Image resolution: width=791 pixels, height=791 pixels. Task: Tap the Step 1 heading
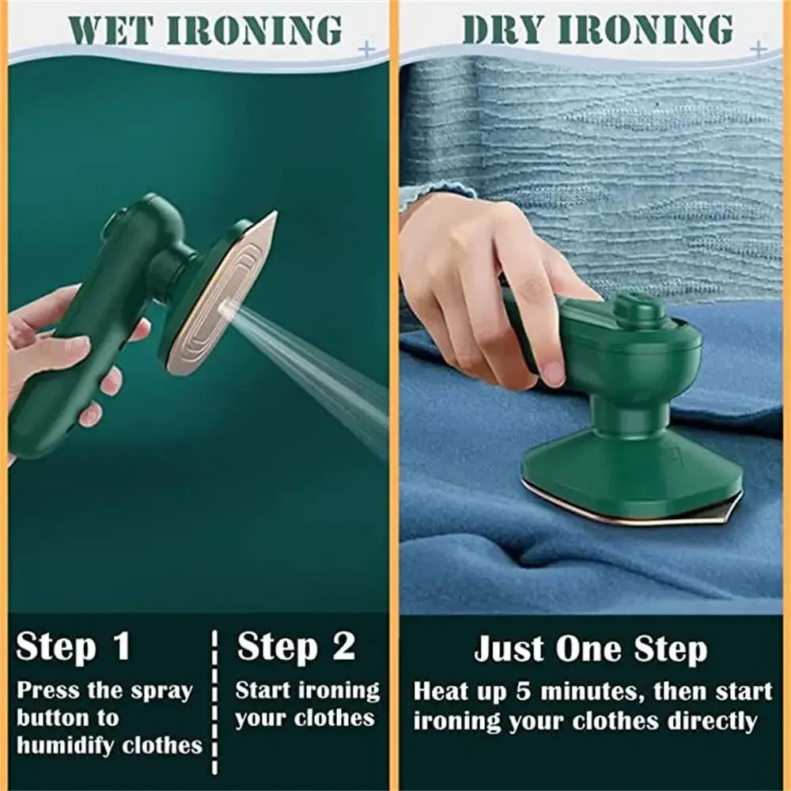pyautogui.click(x=73, y=646)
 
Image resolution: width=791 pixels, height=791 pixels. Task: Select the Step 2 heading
pyautogui.click(x=297, y=646)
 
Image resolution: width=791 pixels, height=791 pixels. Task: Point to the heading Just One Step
pyautogui.click(x=590, y=650)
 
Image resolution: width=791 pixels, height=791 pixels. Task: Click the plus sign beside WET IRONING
pyautogui.click(x=366, y=49)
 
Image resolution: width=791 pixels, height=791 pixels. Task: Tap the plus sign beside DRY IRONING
pyautogui.click(x=758, y=49)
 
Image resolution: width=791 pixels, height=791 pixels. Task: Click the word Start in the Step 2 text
pyautogui.click(x=263, y=691)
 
